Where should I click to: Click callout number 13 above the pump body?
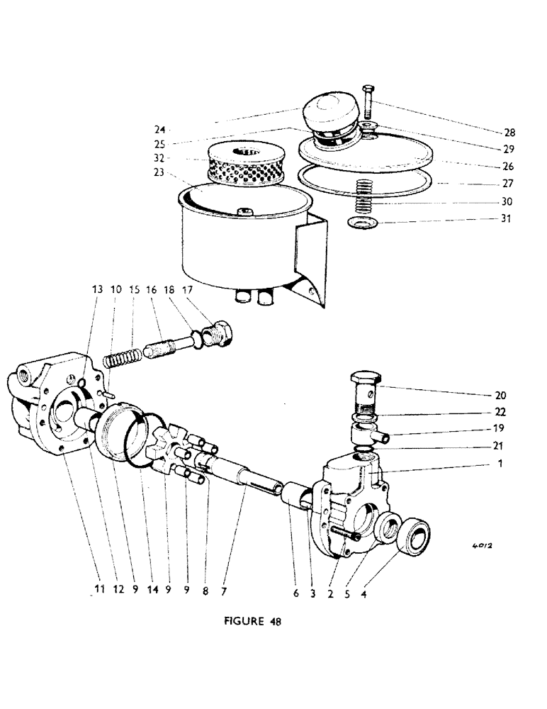96,290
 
